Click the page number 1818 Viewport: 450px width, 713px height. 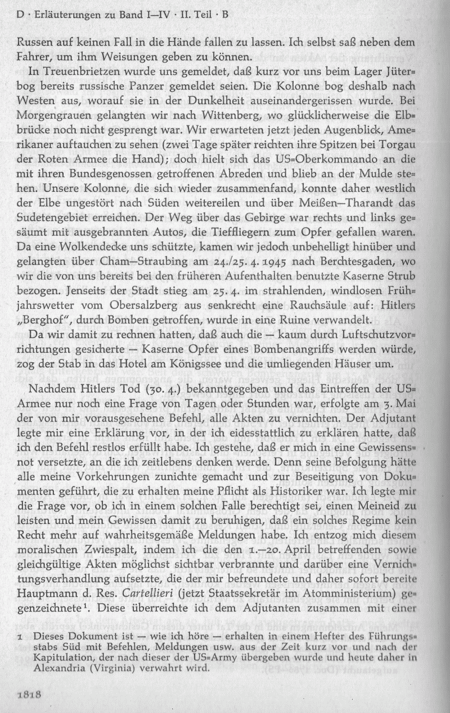tap(31, 694)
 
